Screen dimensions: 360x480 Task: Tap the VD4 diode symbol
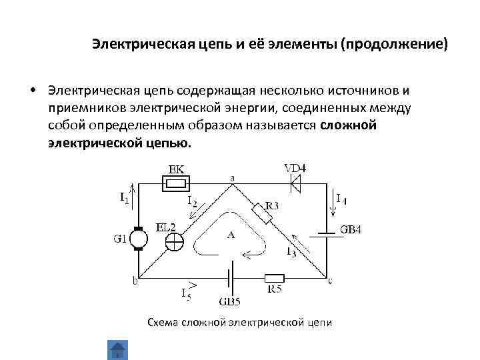(x=295, y=183)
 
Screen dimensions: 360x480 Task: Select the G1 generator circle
(x=139, y=238)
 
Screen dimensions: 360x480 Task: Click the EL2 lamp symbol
(x=175, y=241)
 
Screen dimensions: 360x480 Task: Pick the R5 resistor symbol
(x=275, y=278)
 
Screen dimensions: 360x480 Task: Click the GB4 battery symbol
(x=327, y=234)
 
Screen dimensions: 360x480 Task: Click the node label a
(x=233, y=178)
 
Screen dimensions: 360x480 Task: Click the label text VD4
(x=294, y=167)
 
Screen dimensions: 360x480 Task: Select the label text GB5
(x=229, y=302)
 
